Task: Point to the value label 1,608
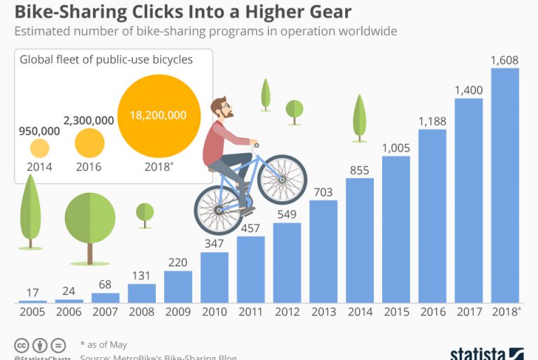pos(505,60)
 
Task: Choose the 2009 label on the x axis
pos(178,312)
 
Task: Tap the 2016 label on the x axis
pos(432,312)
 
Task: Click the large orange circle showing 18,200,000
pos(158,115)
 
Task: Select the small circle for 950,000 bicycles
pos(40,147)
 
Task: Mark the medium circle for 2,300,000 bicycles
pos(89,143)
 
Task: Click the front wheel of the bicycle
pos(282,179)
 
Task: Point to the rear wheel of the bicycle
pos(218,209)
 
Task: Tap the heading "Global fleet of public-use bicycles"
pos(106,60)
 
